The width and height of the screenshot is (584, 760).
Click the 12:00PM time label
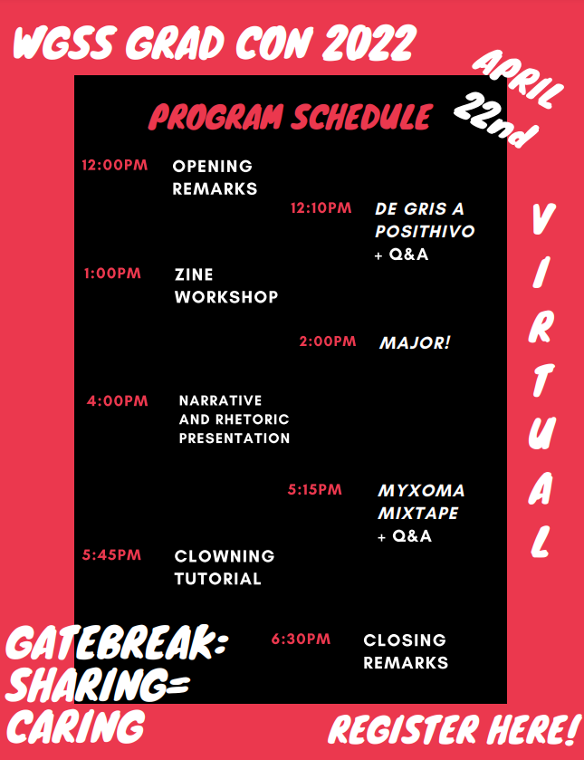click(114, 165)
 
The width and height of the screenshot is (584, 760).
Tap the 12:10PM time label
click(321, 208)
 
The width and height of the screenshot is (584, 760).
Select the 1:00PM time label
click(112, 274)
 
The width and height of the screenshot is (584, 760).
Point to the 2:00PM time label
click(328, 342)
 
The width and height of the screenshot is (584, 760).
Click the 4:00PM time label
click(118, 401)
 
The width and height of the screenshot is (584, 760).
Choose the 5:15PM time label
click(314, 489)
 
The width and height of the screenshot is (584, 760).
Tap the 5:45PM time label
click(111, 555)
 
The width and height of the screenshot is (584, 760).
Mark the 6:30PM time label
click(301, 639)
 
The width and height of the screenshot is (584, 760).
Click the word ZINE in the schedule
click(194, 274)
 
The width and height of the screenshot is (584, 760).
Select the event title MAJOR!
click(415, 342)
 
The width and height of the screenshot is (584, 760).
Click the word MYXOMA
click(421, 490)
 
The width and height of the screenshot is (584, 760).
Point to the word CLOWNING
click(225, 556)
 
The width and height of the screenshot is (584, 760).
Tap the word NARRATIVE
click(221, 400)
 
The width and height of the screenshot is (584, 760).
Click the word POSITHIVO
click(425, 231)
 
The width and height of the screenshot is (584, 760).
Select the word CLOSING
click(405, 640)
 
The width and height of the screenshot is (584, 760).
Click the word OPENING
click(212, 167)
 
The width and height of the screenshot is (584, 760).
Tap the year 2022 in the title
click(369, 43)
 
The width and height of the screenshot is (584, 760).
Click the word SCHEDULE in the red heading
click(361, 116)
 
